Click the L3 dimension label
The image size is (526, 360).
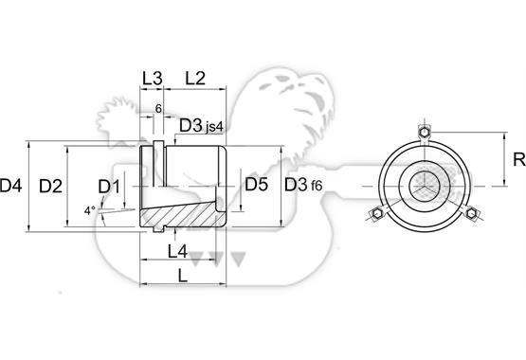[153, 79]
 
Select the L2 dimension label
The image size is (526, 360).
[195, 79]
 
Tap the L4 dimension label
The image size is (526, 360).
[177, 251]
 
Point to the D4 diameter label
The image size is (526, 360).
[11, 186]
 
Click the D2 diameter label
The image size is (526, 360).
[50, 186]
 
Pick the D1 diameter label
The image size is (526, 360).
[109, 187]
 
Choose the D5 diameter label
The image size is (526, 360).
[256, 185]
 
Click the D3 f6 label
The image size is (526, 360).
[303, 185]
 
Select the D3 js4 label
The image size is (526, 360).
[201, 126]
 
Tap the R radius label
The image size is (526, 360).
[519, 159]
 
